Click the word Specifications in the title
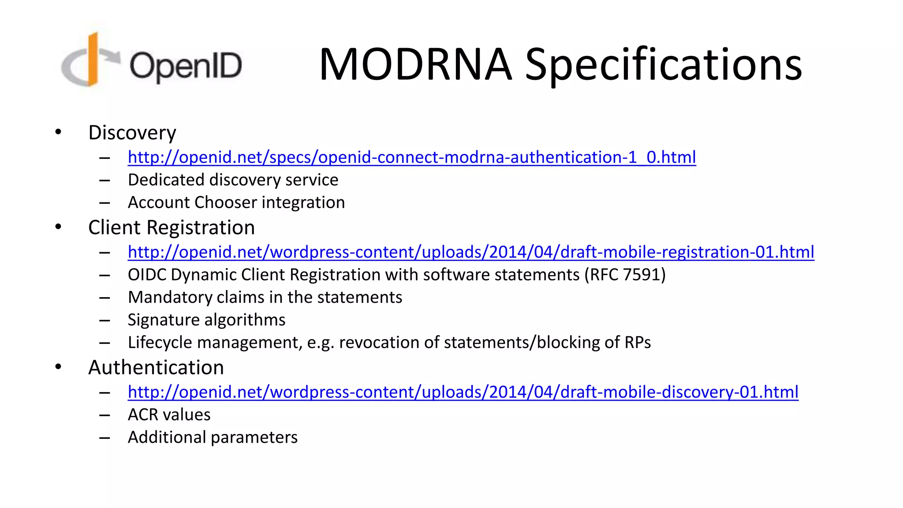[x=663, y=65]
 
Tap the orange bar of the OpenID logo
[x=93, y=60]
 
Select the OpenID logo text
[x=186, y=66]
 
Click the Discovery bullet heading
[x=132, y=133]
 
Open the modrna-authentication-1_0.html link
[x=412, y=157]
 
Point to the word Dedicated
[x=166, y=180]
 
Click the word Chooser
[x=225, y=202]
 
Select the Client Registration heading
[x=171, y=228]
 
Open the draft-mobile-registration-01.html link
[x=471, y=252]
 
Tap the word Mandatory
[x=169, y=297]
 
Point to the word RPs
[x=638, y=343]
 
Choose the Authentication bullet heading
[x=156, y=367]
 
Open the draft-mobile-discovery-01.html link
[x=463, y=392]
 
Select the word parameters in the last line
[x=253, y=437]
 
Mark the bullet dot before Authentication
[x=58, y=366]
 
